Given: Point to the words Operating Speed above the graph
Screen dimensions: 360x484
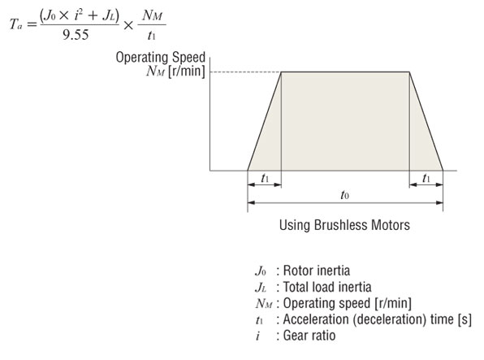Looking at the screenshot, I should (x=160, y=58).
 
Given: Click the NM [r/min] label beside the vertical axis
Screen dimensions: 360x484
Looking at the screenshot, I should (x=175, y=72).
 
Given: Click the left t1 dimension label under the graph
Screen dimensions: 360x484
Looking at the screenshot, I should (x=264, y=178).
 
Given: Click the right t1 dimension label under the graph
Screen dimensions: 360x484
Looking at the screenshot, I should (x=426, y=178).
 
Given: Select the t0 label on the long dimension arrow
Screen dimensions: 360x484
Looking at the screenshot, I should (x=344, y=196).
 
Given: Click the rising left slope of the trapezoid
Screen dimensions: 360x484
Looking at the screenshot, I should (x=264, y=122).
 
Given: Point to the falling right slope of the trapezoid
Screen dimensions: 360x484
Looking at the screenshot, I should (x=426, y=122).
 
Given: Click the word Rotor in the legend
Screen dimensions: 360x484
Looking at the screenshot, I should (x=300, y=271).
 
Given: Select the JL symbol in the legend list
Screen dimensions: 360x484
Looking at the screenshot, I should (x=260, y=287).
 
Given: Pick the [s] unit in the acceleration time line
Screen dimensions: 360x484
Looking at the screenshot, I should (x=465, y=319).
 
